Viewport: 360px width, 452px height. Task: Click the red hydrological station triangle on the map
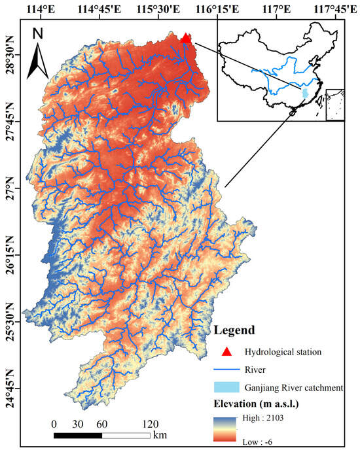click(186, 38)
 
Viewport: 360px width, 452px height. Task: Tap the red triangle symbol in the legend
click(228, 351)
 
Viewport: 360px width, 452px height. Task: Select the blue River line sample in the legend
click(228, 370)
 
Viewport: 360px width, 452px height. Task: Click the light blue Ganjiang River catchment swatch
click(228, 388)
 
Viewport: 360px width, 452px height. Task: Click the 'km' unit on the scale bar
click(160, 435)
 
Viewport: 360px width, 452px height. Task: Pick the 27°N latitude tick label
click(10, 188)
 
